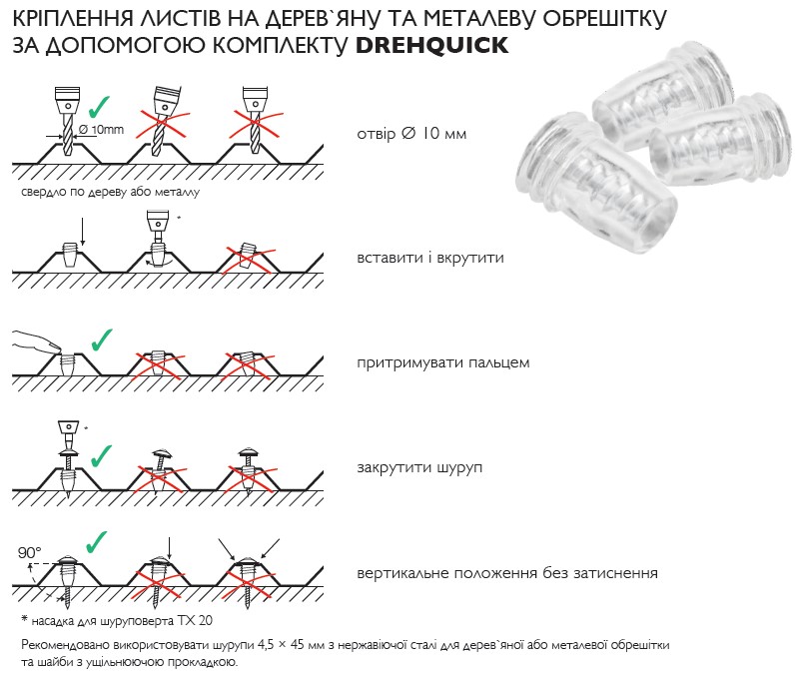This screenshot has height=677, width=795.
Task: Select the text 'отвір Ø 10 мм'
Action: [x=410, y=135]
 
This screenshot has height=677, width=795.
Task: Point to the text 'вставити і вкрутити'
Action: [x=429, y=258]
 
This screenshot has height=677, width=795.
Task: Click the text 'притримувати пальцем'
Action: [x=442, y=362]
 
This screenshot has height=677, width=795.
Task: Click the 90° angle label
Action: [x=30, y=552]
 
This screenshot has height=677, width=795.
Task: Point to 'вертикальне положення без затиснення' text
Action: [x=506, y=573]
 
